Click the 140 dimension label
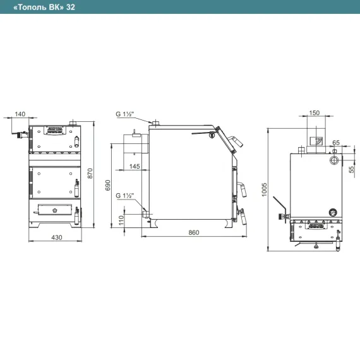pos(20,114)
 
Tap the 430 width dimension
pos(56,237)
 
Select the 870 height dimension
pos(90,173)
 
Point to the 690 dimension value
pos(107,185)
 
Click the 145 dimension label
pos(135,166)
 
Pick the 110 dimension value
pos(121,220)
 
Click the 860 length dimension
pos(194,232)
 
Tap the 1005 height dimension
pos(264,189)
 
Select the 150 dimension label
pos(315,112)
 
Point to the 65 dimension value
pos(336,143)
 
